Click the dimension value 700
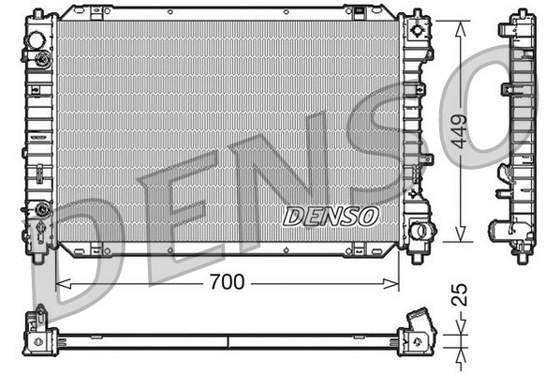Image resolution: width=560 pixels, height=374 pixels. coord(228,281)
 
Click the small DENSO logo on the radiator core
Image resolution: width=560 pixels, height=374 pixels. coord(331,216)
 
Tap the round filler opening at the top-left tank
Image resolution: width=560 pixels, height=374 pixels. coord(37,41)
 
